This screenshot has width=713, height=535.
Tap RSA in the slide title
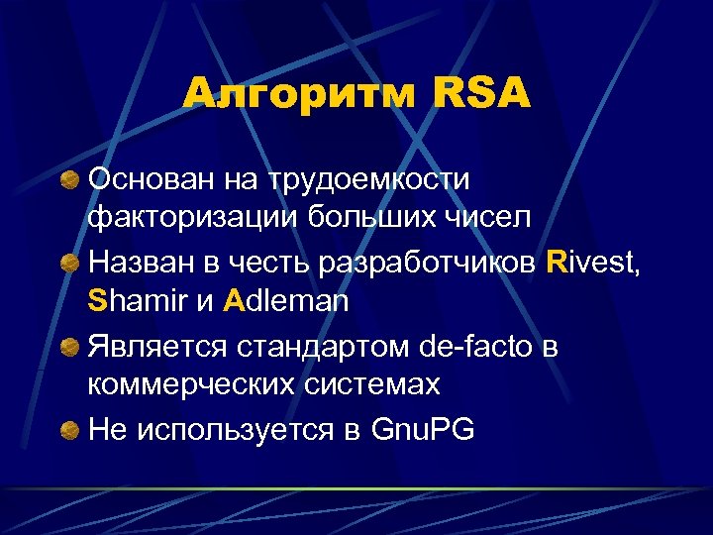click(482, 95)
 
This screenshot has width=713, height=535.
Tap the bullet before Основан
click(68, 179)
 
